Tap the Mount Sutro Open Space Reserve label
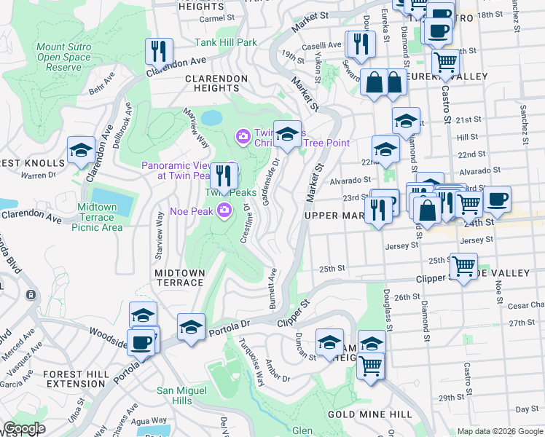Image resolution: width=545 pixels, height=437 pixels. (x=64, y=58)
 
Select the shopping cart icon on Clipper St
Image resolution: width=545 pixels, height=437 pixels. (x=464, y=266)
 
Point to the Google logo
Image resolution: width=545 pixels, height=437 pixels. (x=24, y=428)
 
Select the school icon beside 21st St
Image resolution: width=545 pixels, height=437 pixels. (x=406, y=121)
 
